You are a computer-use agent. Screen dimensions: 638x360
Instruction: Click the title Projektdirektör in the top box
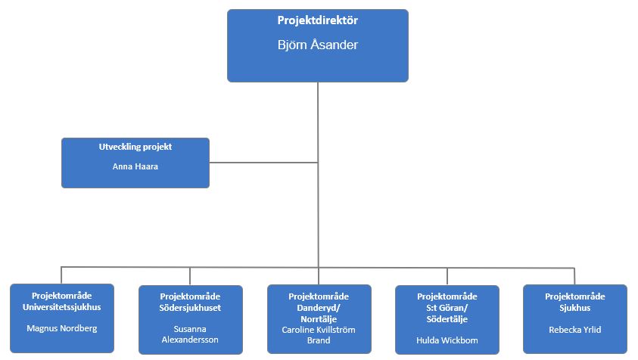[x=318, y=20]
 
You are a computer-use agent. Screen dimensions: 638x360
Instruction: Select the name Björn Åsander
[x=318, y=45]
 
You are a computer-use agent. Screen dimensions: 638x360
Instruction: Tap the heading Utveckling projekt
[x=135, y=147]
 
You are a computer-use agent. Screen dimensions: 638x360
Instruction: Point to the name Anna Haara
[x=135, y=166]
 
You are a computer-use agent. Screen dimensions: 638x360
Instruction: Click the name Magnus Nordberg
[x=62, y=329]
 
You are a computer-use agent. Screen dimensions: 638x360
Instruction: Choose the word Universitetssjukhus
[x=62, y=307]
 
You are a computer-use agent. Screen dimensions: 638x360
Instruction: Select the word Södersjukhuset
[x=190, y=308]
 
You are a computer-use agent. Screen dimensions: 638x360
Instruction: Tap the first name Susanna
[x=190, y=329]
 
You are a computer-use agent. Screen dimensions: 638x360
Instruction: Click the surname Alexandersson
[x=190, y=340]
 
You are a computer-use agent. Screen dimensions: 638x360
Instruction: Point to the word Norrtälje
[x=319, y=319]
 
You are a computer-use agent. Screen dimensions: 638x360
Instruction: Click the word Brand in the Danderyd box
[x=319, y=340]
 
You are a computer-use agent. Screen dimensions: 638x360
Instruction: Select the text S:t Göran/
[x=447, y=308]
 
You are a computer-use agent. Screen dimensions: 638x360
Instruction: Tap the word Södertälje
[x=447, y=319]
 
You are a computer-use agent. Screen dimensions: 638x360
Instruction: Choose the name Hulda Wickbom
[x=447, y=340]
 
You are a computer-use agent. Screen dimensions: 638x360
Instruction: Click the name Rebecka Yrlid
[x=575, y=330]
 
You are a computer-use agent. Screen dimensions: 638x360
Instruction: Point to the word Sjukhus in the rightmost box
[x=575, y=308]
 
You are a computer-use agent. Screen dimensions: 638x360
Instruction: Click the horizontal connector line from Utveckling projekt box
[x=263, y=163]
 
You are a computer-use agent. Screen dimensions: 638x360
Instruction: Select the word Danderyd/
[x=319, y=308]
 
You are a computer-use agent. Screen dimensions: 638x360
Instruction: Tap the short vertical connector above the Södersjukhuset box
[x=190, y=276]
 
